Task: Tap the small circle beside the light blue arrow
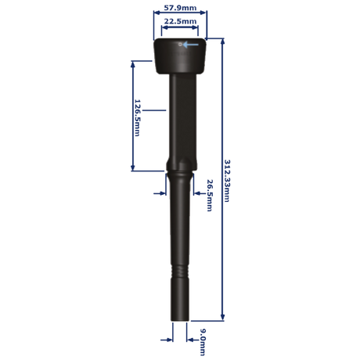point(180,46)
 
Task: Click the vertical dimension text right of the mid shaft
point(209,196)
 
